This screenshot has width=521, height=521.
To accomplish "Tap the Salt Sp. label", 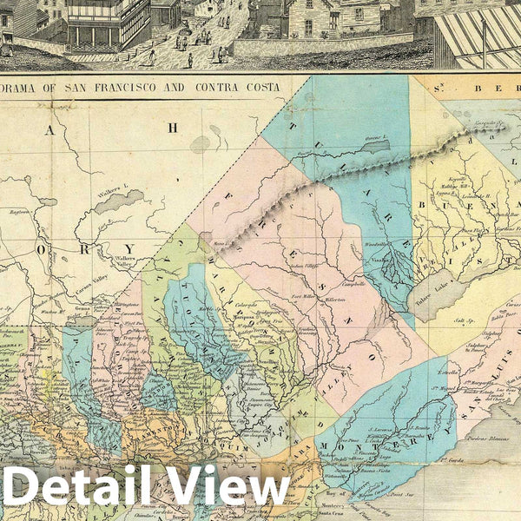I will point(464,321).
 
